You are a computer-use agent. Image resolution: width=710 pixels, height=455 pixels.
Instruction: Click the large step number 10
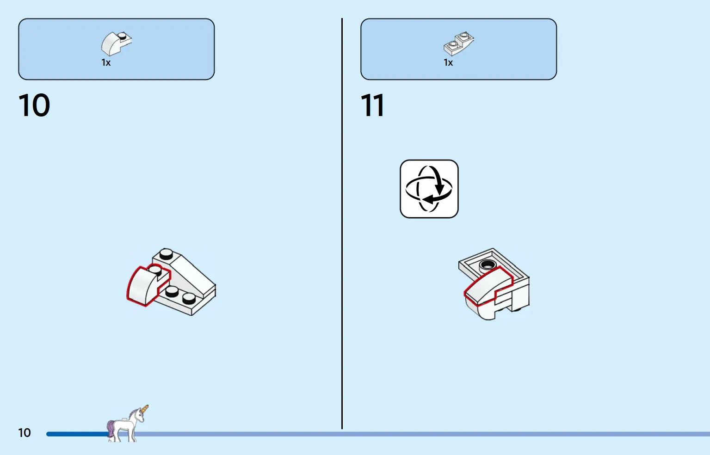tap(34, 105)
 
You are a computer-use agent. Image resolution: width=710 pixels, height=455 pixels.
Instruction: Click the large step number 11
tap(373, 105)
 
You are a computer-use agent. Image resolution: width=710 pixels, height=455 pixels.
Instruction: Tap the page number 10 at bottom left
tap(25, 433)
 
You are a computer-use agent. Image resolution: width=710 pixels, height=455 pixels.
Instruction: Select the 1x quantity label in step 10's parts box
tap(106, 63)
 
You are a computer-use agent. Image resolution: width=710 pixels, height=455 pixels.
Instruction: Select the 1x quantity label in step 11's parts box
tap(448, 63)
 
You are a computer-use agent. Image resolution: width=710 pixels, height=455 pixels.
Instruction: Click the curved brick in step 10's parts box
tap(116, 44)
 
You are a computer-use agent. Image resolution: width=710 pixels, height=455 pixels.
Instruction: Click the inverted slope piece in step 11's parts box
tap(459, 44)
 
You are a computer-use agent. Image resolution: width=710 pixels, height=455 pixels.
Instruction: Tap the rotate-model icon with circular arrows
tap(429, 189)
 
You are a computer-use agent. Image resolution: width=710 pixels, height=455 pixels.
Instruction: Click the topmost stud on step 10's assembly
tap(166, 253)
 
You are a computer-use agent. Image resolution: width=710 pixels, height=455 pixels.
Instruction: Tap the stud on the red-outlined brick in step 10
tap(155, 271)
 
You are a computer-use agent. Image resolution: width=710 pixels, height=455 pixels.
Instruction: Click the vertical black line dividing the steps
tap(342, 223)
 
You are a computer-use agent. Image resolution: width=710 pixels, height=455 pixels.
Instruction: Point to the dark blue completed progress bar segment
tap(78, 434)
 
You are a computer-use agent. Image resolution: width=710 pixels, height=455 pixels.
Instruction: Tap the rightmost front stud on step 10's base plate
tap(189, 298)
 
